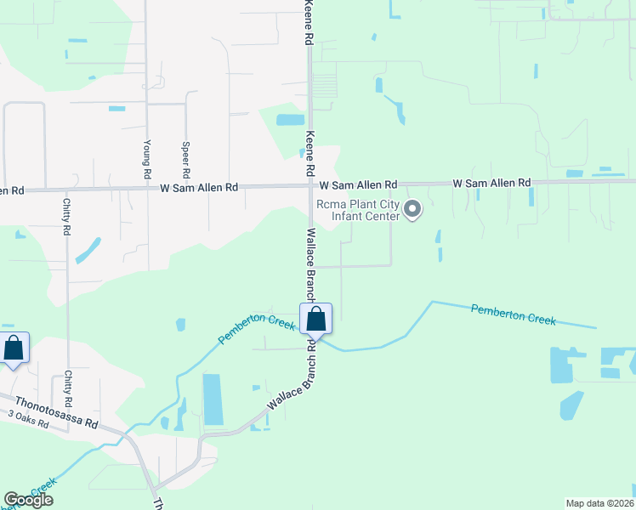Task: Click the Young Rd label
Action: tap(147, 152)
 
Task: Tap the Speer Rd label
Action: tap(185, 152)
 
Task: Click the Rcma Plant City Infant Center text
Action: tap(357, 210)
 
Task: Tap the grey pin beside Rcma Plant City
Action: tap(412, 208)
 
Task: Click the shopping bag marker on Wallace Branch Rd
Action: tap(315, 320)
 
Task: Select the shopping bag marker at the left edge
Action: tap(14, 349)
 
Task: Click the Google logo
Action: tap(28, 500)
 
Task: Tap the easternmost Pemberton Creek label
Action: tap(513, 314)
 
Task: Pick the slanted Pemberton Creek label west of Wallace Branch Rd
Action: tap(256, 330)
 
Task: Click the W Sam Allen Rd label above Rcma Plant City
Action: tap(358, 184)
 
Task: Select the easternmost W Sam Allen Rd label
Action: tap(491, 183)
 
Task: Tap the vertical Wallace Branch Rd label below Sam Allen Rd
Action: tap(310, 263)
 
